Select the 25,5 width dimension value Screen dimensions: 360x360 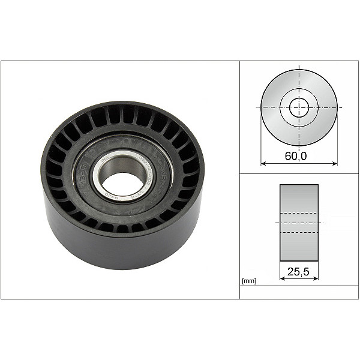[x=299, y=272]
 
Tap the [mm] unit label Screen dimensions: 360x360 [x=248, y=280]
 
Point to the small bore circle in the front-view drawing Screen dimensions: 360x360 [x=299, y=108]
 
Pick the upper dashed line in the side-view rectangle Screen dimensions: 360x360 [x=299, y=214]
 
